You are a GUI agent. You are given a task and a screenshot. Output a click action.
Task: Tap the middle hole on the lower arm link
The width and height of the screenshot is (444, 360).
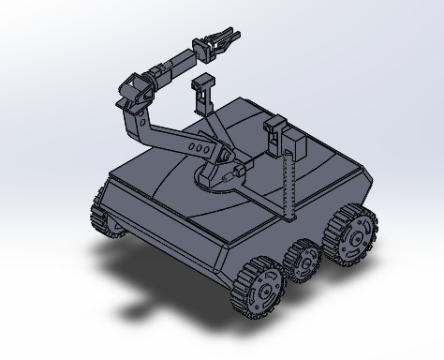pos(195,148)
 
